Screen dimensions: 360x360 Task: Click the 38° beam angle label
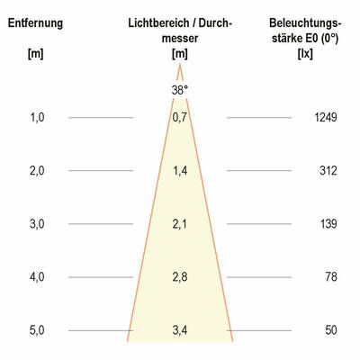pos(180,90)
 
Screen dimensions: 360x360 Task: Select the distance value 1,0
pos(37,117)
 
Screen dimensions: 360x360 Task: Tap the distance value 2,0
pos(37,170)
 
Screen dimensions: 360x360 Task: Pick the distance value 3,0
pos(37,224)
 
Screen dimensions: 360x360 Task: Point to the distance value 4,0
pos(37,277)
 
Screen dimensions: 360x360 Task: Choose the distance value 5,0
pos(37,330)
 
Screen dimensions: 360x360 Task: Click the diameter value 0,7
pos(180,117)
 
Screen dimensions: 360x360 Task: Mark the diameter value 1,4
pos(180,170)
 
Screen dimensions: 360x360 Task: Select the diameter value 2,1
pos(180,224)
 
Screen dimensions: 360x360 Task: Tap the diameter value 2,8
pos(180,277)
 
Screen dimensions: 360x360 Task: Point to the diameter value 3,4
pos(180,330)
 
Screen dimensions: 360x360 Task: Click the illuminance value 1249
pos(325,117)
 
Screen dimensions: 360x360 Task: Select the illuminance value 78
pos(330,277)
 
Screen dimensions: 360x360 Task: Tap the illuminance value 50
pos(330,330)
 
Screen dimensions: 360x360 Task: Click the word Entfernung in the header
pos(36,22)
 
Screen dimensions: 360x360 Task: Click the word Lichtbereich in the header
pos(158,22)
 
